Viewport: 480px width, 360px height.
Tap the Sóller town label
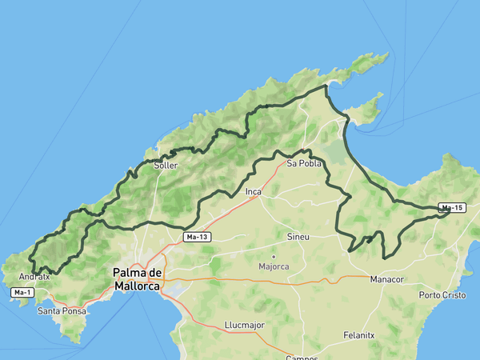[x=166, y=166]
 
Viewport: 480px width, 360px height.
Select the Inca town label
[x=254, y=192]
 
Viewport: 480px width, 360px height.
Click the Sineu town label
[x=298, y=237]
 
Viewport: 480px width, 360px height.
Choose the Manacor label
[x=387, y=279]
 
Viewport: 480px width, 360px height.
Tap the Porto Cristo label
[x=442, y=295]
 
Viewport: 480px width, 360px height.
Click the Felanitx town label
[x=358, y=335]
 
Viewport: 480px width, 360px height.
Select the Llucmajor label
[x=244, y=326]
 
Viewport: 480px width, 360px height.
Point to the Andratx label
[x=34, y=277]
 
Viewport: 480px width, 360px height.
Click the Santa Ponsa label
[x=61, y=310]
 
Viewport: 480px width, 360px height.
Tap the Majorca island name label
[x=274, y=266]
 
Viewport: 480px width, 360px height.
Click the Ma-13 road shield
[x=197, y=237]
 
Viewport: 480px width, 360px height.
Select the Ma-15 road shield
[x=452, y=208]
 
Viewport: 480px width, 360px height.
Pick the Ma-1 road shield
[x=22, y=293]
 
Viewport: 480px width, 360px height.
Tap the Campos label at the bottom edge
[x=302, y=357]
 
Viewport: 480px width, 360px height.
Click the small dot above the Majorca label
[x=273, y=257]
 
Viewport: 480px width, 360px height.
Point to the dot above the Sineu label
[x=298, y=228]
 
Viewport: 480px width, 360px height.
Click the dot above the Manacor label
[x=387, y=270]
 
